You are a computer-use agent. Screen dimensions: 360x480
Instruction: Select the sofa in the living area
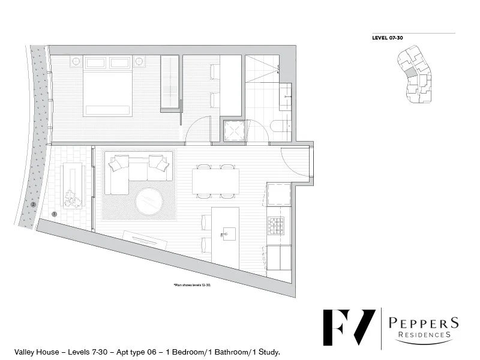137,173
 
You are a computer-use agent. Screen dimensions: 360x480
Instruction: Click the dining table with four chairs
215,181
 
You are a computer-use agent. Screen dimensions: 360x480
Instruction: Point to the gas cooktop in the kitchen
275,226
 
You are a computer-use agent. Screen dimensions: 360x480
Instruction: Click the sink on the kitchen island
228,232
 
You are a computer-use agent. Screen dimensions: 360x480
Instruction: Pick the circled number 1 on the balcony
55,213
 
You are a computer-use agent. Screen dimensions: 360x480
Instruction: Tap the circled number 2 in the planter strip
34,204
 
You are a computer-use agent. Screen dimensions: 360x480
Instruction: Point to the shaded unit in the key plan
410,73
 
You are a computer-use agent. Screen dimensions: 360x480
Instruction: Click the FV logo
349,326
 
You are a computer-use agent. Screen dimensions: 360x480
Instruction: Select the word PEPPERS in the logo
424,322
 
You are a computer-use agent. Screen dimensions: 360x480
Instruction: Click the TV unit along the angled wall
145,239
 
